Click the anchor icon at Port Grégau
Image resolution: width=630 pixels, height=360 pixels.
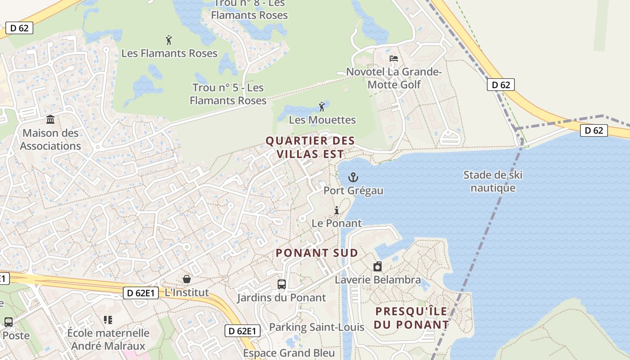[353, 177]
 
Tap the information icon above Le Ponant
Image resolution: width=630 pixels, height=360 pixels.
[336, 210]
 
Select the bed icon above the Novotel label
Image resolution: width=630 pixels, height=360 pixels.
[394, 58]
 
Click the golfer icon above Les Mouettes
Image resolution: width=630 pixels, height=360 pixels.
[321, 107]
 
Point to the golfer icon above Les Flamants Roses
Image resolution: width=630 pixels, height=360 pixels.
[169, 40]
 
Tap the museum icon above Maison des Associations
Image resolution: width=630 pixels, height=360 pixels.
[50, 120]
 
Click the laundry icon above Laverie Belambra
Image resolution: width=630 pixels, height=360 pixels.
[378, 266]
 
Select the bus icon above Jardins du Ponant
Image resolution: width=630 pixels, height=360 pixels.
[281, 284]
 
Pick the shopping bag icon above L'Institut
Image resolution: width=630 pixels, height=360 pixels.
[186, 279]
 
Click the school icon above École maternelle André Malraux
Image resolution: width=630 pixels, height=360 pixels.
[108, 320]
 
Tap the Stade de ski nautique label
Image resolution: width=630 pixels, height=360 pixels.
[493, 181]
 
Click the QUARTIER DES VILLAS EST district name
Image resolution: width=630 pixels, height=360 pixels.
[310, 147]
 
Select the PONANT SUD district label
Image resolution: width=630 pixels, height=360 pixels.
[317, 253]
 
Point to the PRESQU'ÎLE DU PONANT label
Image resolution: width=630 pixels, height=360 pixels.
[411, 318]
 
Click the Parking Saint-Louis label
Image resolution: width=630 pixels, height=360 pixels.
[316, 327]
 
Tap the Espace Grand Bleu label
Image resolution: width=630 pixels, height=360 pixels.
[289, 353]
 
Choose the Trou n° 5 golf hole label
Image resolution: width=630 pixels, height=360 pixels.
[228, 94]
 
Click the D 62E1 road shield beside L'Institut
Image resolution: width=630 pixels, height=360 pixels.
[141, 293]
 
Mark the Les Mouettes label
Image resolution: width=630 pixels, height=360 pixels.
[322, 120]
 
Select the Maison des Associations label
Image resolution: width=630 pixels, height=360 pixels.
[50, 139]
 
